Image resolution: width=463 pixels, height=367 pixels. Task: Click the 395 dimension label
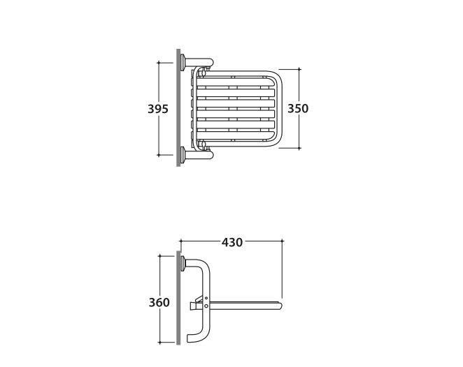[157, 109]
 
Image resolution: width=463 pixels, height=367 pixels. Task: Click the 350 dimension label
[298, 108]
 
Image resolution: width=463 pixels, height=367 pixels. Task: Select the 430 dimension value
[232, 242]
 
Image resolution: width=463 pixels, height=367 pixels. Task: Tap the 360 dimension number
[159, 303]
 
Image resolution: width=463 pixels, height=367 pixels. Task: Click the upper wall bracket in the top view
[197, 62]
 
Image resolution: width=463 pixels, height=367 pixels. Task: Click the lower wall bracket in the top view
[197, 154]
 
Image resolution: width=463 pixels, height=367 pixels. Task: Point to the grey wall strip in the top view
[178, 107]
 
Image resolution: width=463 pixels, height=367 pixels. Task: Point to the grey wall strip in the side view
[178, 297]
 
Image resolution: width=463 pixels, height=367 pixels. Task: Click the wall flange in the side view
[183, 264]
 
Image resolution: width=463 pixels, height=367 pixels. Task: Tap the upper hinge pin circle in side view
[206, 299]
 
